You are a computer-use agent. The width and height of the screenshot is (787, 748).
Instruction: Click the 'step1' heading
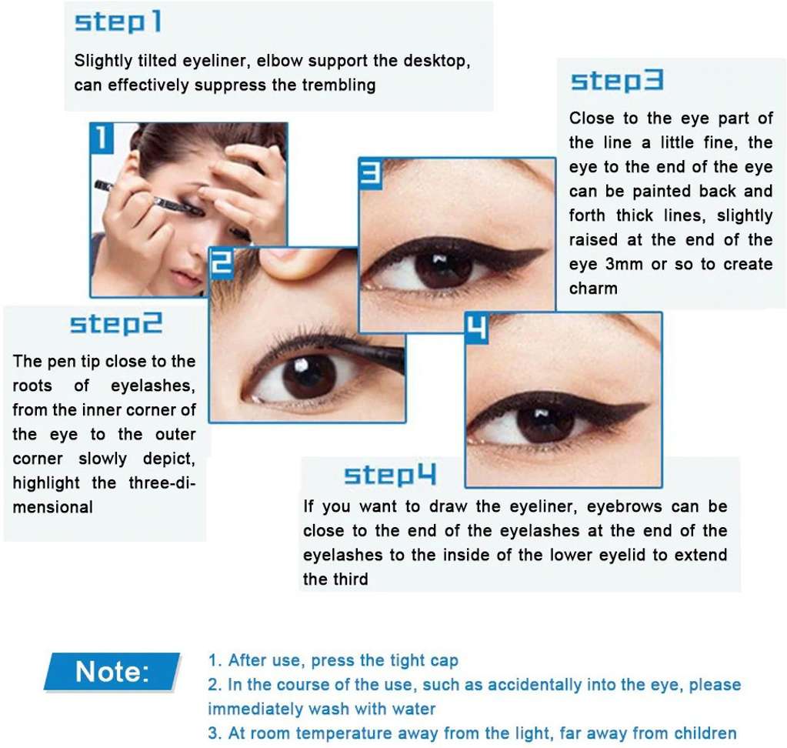118,22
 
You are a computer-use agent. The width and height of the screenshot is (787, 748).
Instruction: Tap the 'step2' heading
116,324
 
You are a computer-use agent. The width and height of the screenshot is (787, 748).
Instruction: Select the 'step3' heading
617,81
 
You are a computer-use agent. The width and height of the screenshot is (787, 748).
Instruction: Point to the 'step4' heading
390,474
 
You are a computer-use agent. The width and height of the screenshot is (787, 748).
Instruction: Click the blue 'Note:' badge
112,672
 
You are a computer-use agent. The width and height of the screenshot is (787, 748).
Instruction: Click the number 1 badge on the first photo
102,138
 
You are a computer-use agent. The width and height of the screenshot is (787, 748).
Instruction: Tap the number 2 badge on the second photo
222,262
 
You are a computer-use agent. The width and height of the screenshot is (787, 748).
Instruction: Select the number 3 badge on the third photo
370,173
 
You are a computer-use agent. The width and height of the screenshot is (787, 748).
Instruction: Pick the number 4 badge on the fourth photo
477,328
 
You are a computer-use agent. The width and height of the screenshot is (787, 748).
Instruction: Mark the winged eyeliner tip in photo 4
646,405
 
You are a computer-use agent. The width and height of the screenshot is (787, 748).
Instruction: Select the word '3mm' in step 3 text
624,264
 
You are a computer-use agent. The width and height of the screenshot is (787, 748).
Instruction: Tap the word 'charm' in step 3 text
593,289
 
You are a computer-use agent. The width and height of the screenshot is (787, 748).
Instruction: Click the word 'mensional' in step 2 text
53,507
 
